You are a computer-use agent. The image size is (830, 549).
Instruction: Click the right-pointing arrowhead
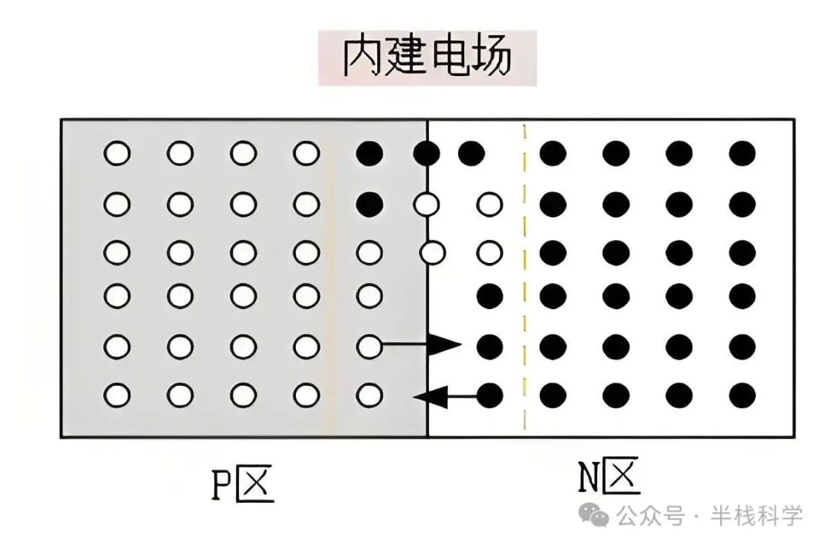(x=444, y=346)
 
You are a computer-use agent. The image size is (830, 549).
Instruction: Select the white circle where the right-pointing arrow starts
(x=370, y=346)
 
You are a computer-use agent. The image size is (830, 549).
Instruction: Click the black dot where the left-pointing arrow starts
(x=490, y=396)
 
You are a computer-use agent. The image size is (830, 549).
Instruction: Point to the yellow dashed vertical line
(x=524, y=277)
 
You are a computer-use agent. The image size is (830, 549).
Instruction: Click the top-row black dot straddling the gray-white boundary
(x=427, y=154)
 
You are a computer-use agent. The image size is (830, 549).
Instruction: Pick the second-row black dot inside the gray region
(x=370, y=204)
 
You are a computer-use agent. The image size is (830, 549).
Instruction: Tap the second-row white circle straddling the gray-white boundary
(x=427, y=204)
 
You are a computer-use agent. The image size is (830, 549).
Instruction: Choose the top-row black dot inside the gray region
(x=370, y=154)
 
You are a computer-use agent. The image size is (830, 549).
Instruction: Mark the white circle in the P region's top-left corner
(x=118, y=154)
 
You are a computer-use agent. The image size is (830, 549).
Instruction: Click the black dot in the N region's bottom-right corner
(x=742, y=396)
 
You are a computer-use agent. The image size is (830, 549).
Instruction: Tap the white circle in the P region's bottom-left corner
(x=118, y=396)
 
